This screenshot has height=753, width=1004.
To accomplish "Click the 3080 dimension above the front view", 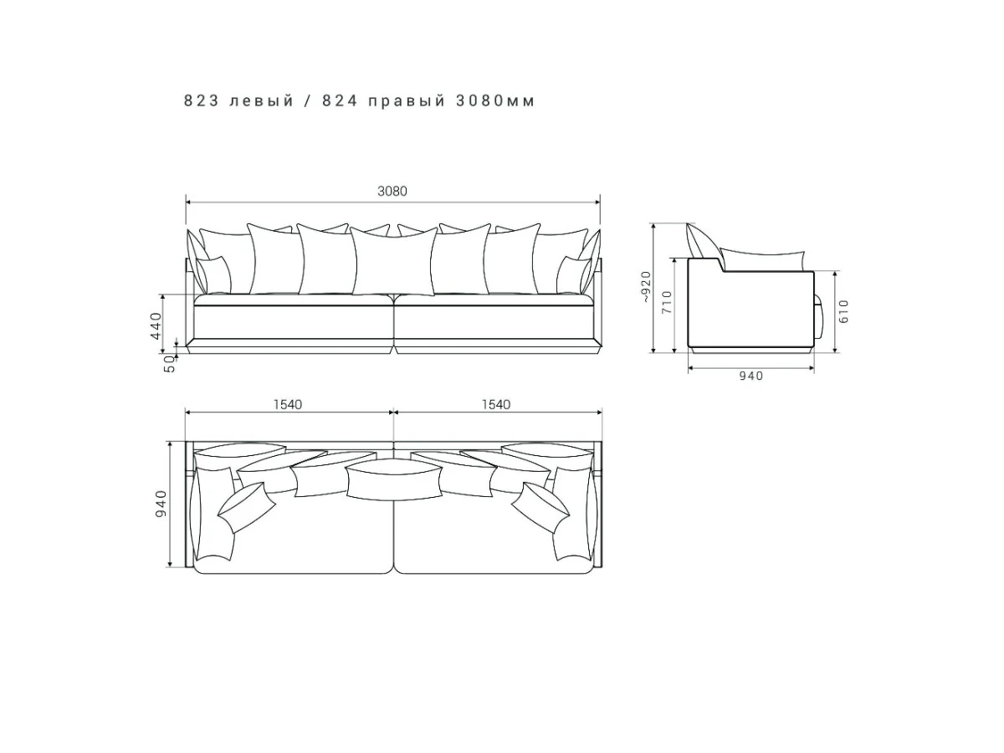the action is [392, 191].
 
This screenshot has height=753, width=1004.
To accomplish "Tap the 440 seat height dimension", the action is [156, 325].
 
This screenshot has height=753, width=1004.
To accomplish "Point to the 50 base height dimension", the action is [169, 364].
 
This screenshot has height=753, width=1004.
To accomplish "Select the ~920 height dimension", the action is [645, 287].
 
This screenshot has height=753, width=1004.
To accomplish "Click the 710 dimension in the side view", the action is [668, 302].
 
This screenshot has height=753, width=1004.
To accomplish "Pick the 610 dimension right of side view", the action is [844, 311].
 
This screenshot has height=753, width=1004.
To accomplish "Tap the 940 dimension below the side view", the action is [751, 376].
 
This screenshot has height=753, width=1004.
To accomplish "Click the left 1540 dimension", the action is [288, 405].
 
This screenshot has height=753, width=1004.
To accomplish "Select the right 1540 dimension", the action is [496, 405].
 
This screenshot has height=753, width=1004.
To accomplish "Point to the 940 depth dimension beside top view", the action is [161, 504].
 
